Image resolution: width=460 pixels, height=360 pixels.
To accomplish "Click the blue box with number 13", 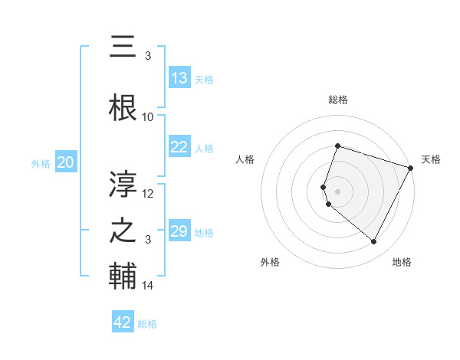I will [179, 78].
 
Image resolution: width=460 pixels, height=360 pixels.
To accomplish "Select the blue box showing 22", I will [179, 147].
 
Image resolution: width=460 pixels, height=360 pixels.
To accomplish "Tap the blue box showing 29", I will [179, 231].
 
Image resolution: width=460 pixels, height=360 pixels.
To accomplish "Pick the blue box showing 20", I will [66, 162].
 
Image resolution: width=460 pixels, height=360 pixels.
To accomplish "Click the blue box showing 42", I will [123, 322].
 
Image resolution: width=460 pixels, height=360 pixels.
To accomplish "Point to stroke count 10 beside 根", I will [148, 117].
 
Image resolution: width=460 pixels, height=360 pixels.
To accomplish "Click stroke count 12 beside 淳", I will [148, 194].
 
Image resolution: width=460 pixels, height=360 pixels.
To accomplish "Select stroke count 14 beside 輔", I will [148, 286].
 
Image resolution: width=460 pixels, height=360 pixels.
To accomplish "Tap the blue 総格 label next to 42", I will [147, 324].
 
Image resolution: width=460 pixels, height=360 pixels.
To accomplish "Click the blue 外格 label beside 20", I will [41, 163].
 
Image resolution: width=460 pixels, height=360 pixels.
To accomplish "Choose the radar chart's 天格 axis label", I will [431, 159].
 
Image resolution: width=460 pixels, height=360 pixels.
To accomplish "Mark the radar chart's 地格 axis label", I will [402, 262].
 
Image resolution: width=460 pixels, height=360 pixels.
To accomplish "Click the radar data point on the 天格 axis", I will [411, 167].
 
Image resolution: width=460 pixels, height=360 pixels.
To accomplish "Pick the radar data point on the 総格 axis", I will [337, 146].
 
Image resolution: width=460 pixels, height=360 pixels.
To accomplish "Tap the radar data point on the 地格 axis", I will [373, 242].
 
